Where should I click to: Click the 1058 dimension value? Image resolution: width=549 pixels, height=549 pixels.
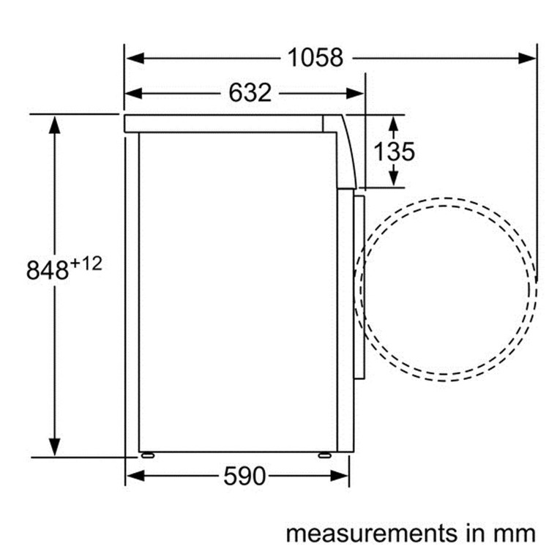(x=315, y=58)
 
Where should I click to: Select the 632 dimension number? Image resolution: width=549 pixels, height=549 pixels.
(x=250, y=93)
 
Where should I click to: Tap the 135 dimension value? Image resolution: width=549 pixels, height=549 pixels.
(x=394, y=152)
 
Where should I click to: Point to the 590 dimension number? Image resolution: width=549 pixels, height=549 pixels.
(x=244, y=476)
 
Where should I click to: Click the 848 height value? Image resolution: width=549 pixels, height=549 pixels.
(x=48, y=270)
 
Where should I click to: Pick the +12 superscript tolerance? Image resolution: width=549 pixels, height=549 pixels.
(x=86, y=264)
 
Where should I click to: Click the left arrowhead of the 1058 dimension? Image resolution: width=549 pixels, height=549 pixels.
(x=135, y=58)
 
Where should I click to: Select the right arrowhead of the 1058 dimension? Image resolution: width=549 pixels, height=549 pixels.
(x=526, y=58)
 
